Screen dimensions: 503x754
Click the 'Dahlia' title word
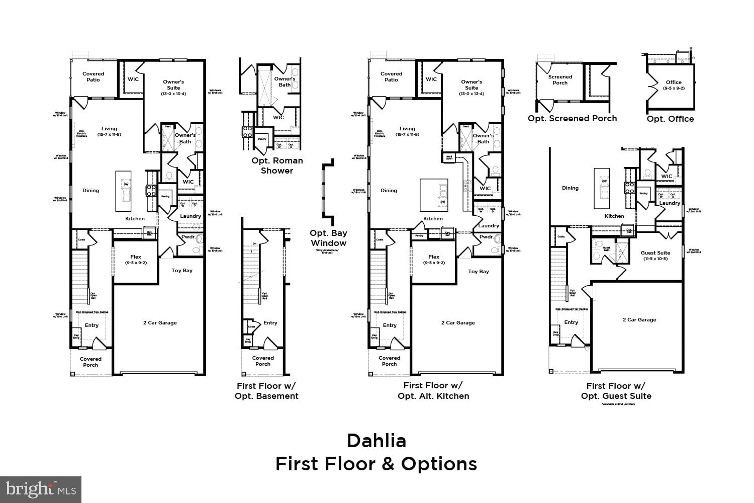point(376,441)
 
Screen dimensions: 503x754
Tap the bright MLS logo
point(41,489)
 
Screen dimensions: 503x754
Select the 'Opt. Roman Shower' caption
point(277,165)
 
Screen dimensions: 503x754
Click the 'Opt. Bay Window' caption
point(328,238)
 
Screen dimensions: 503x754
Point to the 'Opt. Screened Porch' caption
point(572,118)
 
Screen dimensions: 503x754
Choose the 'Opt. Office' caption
point(670,119)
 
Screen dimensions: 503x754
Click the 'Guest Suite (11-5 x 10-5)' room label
point(655,256)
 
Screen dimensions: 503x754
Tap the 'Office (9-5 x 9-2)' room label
point(674,85)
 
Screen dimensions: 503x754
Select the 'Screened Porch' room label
point(560,80)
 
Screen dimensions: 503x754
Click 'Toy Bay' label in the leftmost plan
point(182,271)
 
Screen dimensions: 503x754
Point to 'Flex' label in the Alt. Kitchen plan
point(434,260)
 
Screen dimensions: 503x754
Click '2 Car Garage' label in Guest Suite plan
point(639,320)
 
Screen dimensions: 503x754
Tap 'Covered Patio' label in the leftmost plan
point(93,76)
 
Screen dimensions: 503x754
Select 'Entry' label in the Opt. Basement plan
point(270,323)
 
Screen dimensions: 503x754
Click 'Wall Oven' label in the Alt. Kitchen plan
point(449,158)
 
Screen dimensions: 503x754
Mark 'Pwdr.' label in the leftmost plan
point(188,237)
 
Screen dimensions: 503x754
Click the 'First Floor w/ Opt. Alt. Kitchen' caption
point(433,391)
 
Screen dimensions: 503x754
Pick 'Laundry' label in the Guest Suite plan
point(670,203)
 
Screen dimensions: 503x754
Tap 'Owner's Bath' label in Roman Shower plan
point(285,81)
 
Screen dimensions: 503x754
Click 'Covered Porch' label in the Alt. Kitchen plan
point(389,361)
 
